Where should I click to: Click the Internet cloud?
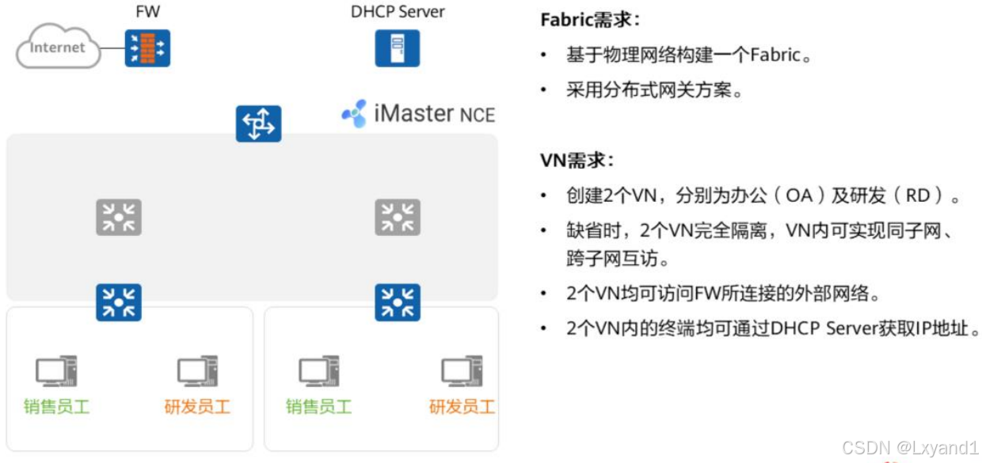click(x=58, y=47)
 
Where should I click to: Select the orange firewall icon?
click(x=147, y=47)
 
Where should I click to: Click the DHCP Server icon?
click(x=397, y=47)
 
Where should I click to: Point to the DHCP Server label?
click(x=398, y=12)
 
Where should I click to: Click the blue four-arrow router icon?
click(x=259, y=123)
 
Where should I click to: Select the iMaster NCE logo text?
click(x=418, y=114)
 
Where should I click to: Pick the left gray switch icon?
click(x=119, y=218)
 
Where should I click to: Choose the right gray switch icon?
click(x=398, y=218)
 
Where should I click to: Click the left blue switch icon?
click(x=119, y=302)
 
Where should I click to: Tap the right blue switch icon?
click(x=398, y=302)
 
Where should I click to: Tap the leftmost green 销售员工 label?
click(x=56, y=407)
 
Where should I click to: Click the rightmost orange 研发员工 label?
click(x=462, y=407)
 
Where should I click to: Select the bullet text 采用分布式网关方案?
click(x=654, y=90)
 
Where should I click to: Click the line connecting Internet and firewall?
click(x=112, y=48)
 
